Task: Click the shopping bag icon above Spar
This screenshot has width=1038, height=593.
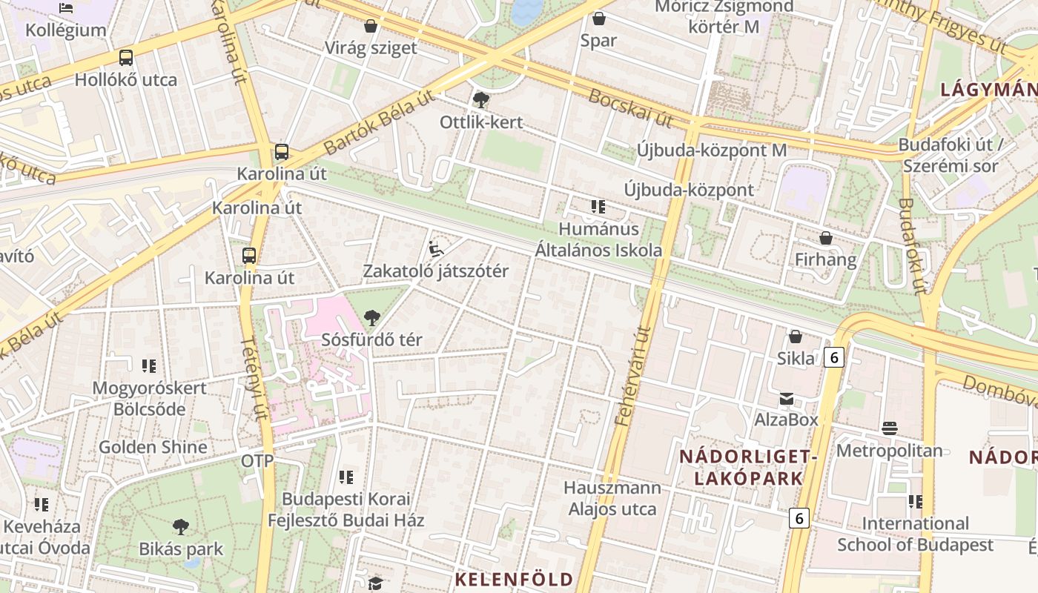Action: (598, 19)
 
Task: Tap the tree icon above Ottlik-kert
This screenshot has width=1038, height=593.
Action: (480, 99)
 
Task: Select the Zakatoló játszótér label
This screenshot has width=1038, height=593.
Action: (435, 271)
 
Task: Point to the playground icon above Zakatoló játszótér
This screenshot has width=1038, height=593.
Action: (436, 248)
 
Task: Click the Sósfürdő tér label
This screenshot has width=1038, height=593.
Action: (371, 340)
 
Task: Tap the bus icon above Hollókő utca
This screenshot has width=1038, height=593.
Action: (126, 57)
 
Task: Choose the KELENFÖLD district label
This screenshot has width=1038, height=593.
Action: (514, 579)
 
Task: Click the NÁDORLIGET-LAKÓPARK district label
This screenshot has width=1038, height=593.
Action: (748, 467)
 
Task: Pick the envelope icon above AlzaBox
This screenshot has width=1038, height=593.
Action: (786, 400)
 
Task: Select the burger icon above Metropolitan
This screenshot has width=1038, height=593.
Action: (890, 428)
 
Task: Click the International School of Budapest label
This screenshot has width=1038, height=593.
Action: (915, 534)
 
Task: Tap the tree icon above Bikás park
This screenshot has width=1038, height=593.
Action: (180, 527)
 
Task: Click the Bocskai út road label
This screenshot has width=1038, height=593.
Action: (630, 107)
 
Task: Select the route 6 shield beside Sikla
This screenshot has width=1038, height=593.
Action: (834, 358)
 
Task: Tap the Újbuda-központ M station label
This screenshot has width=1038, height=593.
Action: (711, 150)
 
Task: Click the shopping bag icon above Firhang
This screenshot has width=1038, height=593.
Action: (825, 238)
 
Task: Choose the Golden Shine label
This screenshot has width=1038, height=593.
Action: (153, 447)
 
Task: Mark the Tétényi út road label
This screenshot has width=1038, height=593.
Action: (254, 378)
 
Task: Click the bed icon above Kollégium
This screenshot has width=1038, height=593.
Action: (66, 8)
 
